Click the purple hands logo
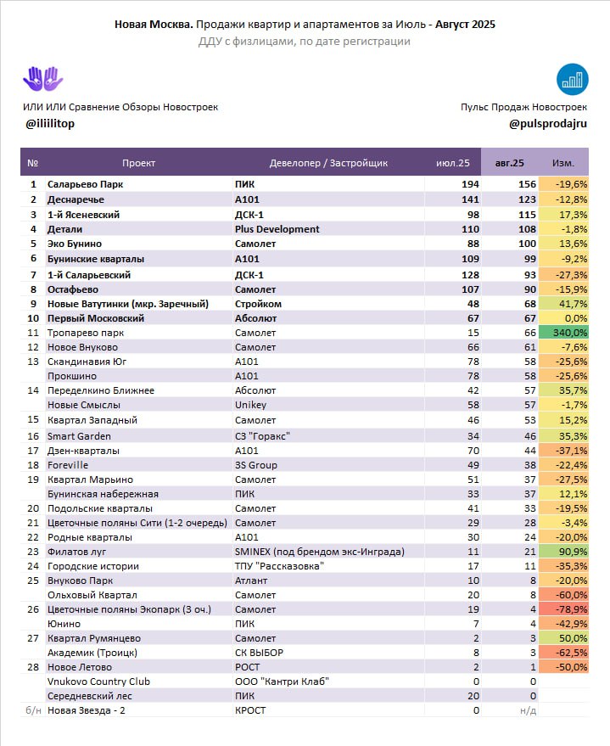pos(42,79)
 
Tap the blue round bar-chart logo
pos(573,80)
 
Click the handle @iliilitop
pos(50,124)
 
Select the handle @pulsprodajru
pos(548,124)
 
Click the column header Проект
pos(138,163)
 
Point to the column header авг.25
pos(509,163)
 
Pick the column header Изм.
pos(563,163)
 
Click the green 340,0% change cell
pos(563,333)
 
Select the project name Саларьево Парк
pos(85,184)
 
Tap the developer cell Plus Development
pos(277,229)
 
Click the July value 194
pos(470,184)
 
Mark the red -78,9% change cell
pos(563,609)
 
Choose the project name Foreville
pos(68,465)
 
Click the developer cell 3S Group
pos(255,465)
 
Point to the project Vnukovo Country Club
pos(98,681)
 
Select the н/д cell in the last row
pos(528,710)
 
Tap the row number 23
pos(33,552)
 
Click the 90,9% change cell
pos(563,552)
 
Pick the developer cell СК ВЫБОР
pos(259,653)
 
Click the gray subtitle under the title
pos(305,42)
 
